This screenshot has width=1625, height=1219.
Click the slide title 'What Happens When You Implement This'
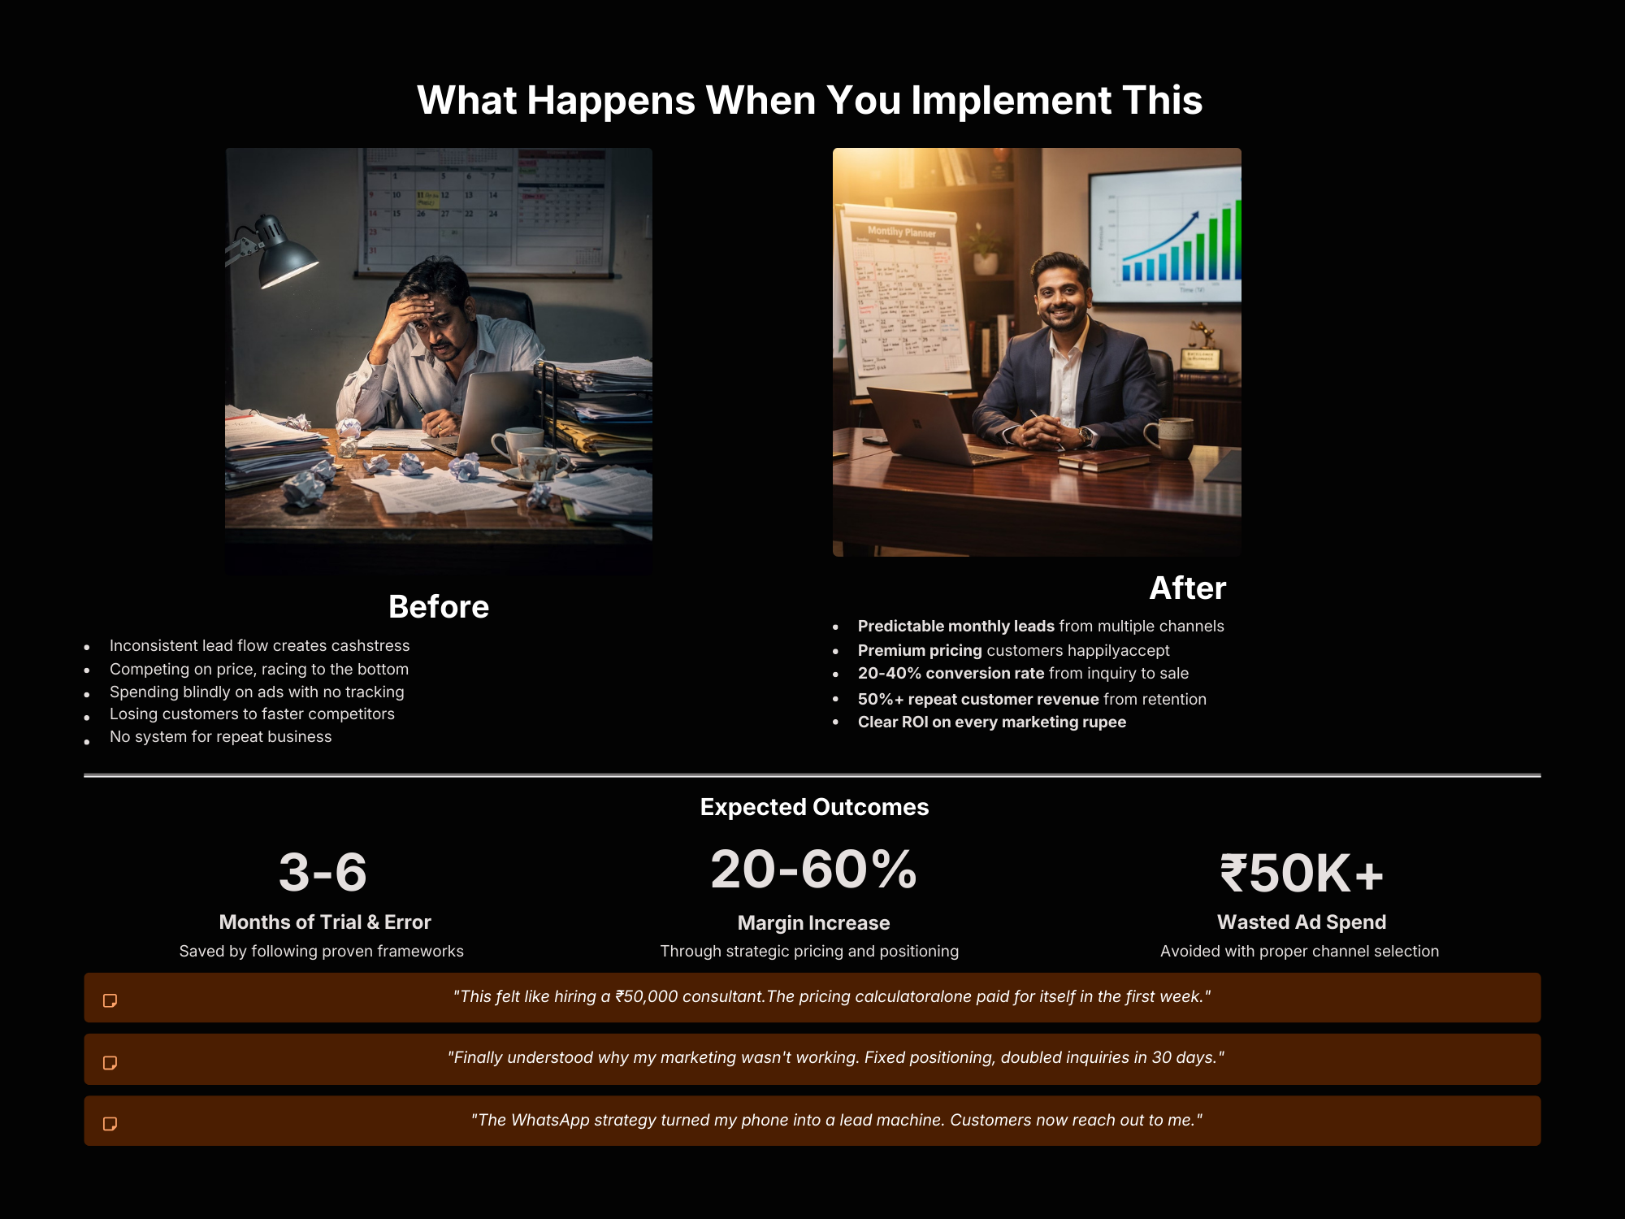[x=809, y=100]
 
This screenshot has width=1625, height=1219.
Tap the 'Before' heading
[x=439, y=607]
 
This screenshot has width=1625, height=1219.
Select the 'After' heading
[x=1187, y=588]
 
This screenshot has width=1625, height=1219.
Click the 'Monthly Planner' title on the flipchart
[x=901, y=232]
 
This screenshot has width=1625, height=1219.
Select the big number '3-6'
[x=323, y=872]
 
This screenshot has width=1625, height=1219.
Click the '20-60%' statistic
[x=813, y=869]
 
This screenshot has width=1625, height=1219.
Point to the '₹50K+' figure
[x=1301, y=873]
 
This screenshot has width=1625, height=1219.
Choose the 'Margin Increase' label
[x=813, y=923]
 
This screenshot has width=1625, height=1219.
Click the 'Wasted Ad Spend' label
[x=1302, y=922]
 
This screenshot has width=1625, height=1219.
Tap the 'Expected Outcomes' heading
[x=814, y=807]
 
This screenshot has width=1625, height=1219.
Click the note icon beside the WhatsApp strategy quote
[x=110, y=1124]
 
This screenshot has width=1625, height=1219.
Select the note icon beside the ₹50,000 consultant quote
[x=110, y=1000]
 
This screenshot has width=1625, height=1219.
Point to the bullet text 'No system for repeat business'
[x=220, y=737]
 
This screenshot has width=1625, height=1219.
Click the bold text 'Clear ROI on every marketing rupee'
[x=992, y=722]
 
